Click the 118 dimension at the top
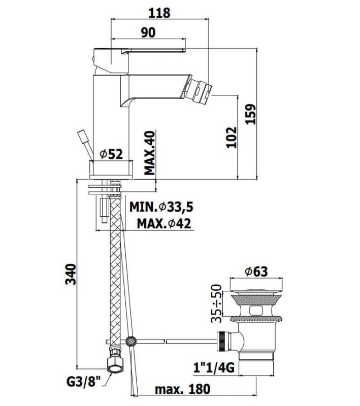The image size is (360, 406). click(x=159, y=13)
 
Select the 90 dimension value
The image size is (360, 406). click(x=148, y=32)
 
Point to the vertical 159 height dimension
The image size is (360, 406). click(x=250, y=114)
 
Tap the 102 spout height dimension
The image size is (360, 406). click(x=232, y=137)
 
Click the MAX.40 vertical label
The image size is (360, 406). click(x=149, y=153)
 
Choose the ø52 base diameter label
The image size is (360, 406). click(x=111, y=155)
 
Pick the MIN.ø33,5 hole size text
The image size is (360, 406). click(x=161, y=207)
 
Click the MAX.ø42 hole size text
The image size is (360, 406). click(x=163, y=223)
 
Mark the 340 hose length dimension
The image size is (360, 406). click(x=71, y=274)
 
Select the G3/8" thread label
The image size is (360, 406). click(x=83, y=382)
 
